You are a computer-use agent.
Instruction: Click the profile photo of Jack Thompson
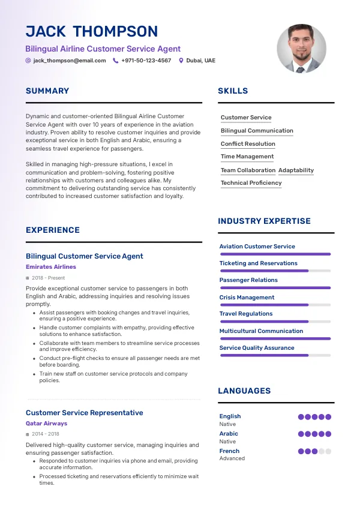(x=301, y=49)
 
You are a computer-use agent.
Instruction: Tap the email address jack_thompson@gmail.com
(x=70, y=61)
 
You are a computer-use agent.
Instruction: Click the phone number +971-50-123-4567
(x=146, y=61)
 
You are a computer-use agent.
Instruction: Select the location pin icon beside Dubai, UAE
(x=181, y=61)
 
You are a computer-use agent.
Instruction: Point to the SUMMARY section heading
(x=47, y=91)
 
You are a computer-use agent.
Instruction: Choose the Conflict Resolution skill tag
(x=248, y=144)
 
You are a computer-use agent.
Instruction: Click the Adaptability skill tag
(x=296, y=170)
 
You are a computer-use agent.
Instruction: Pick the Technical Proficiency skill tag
(x=251, y=183)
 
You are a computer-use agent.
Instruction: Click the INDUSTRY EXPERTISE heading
(x=264, y=221)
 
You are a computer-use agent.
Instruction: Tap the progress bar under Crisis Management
(x=275, y=305)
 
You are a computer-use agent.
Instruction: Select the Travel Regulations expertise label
(x=246, y=314)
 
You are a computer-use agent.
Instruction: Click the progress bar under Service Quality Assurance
(x=275, y=355)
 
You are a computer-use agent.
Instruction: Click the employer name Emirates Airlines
(x=51, y=267)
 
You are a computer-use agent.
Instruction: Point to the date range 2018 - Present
(x=49, y=278)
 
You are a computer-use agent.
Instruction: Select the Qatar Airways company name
(x=46, y=424)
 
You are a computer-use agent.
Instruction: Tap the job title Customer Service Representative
(x=85, y=413)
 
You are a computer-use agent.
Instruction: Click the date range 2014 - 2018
(x=46, y=434)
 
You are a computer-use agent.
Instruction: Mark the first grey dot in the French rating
(x=322, y=451)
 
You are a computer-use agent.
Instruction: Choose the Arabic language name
(x=229, y=434)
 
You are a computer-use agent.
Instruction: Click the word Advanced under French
(x=232, y=458)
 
